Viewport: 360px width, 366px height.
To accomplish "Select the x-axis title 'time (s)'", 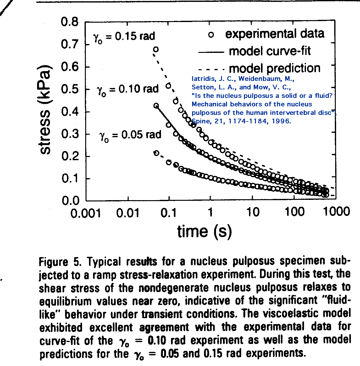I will tap(204, 231).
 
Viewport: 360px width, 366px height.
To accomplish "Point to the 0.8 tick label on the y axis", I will tap(69, 22).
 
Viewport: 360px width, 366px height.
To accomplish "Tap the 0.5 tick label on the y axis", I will tap(69, 89).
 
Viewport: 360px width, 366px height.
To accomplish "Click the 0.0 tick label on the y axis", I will tap(69, 200).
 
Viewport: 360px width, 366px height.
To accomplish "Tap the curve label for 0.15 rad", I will tap(124, 37).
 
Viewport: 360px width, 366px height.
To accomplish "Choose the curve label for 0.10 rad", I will tap(128, 90).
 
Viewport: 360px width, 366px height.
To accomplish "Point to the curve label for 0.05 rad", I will tap(130, 135).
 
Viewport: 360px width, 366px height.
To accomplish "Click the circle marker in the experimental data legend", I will tap(211, 35).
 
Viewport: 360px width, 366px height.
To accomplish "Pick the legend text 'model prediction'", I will tap(274, 68).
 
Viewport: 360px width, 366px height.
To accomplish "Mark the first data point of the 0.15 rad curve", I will tap(155, 49).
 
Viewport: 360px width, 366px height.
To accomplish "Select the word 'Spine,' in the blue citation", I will tap(200, 121).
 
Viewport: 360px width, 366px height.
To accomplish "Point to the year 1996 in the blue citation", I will tap(282, 121).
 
